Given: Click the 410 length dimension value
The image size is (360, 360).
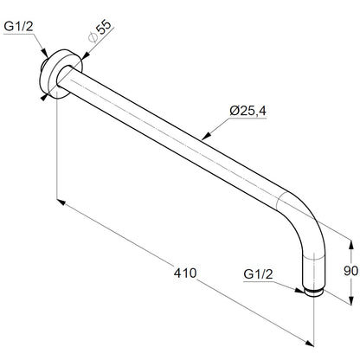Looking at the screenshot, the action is coord(185,273).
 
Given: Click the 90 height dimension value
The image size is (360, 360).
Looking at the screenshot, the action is coord(350,271).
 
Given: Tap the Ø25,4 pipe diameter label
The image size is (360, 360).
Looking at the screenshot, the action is coord(248,111).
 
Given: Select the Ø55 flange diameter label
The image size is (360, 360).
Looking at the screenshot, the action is coord(100,31).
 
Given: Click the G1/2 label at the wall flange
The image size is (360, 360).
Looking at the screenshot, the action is coord(18,27).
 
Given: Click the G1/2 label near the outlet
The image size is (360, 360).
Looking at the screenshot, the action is coord(258,274).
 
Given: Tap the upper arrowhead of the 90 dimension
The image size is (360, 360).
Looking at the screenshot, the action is coord(350,245).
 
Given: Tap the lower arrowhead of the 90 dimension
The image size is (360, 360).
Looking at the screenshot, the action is coord(350,300).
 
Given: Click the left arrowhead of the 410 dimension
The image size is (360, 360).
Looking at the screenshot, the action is coord(61,202).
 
